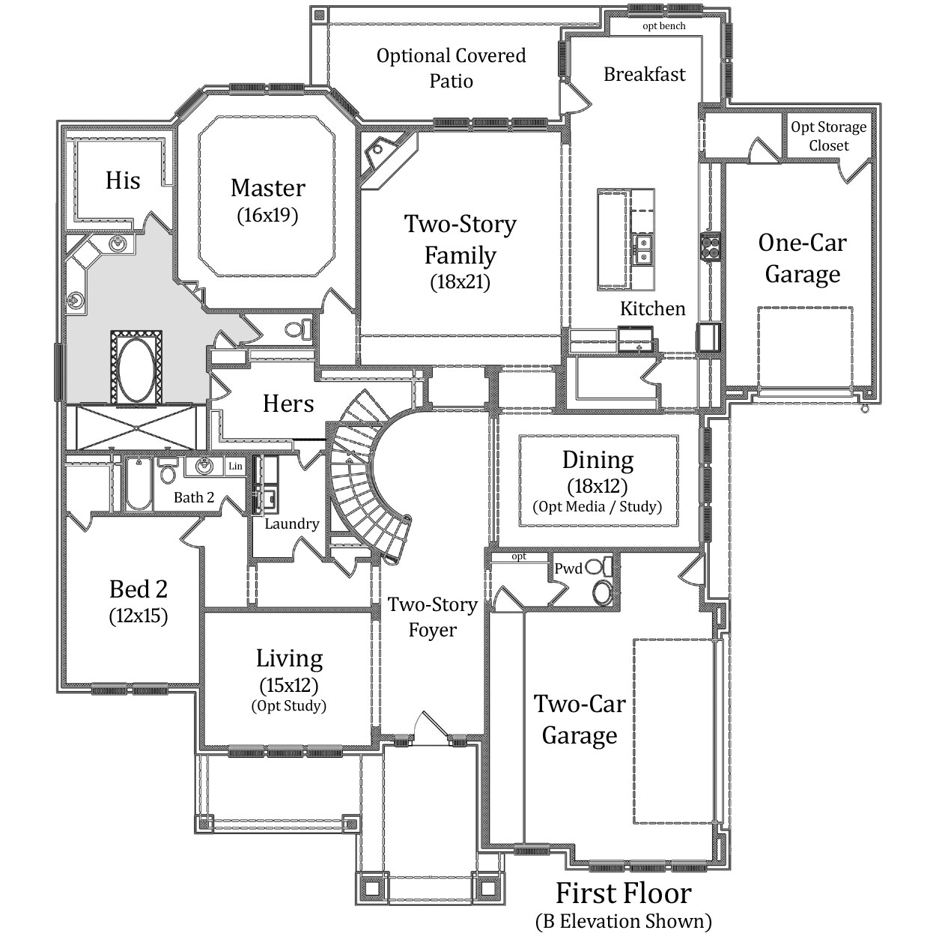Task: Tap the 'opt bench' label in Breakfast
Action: tap(663, 25)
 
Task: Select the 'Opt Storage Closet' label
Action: tap(828, 136)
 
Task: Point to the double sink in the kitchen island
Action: tap(642, 249)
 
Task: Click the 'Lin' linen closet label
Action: tap(235, 467)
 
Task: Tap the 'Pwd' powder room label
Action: tap(568, 569)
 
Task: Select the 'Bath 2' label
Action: tap(194, 497)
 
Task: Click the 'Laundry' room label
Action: tap(291, 523)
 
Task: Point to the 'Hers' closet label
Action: tap(288, 404)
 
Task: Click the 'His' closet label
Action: tap(123, 180)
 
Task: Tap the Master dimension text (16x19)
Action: tap(267, 215)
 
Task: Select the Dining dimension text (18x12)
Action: tap(598, 486)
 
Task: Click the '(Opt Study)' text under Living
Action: tap(288, 706)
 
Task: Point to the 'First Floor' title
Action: tap(624, 893)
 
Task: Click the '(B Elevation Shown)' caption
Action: tap(624, 921)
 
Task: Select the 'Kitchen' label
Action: tap(652, 309)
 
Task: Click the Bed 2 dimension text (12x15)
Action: tap(138, 616)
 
